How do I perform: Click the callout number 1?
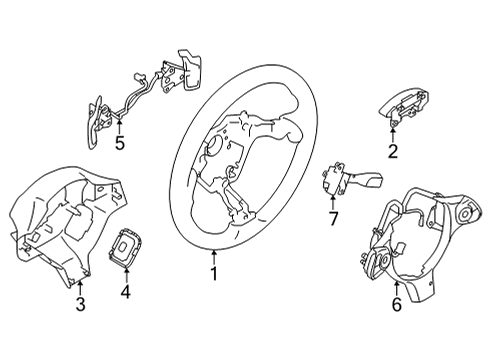pyautogui.click(x=213, y=270)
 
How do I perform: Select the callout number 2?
pyautogui.click(x=392, y=152)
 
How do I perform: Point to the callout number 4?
pyautogui.click(x=126, y=294)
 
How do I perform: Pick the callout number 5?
pyautogui.click(x=119, y=142)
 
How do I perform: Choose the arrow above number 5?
pyautogui.click(x=119, y=126)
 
